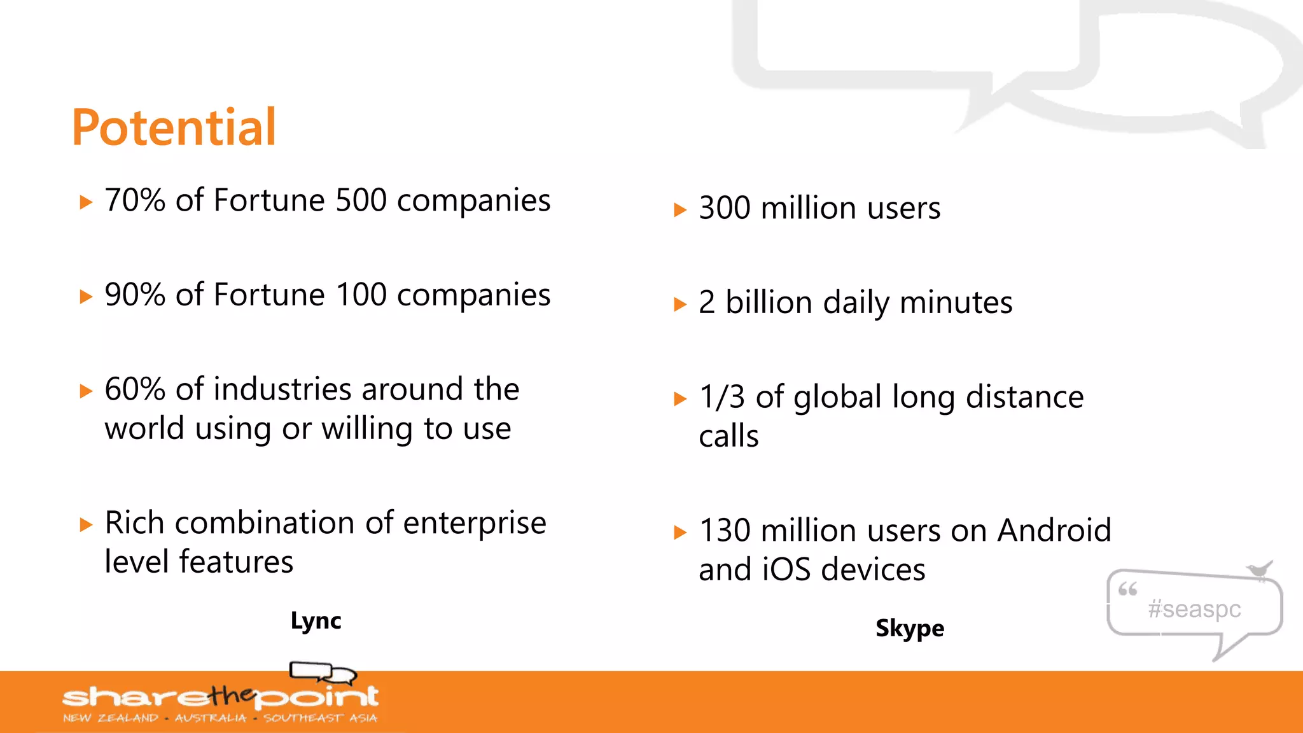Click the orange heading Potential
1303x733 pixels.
(174, 128)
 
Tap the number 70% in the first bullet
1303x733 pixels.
(135, 200)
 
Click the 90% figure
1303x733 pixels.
(135, 295)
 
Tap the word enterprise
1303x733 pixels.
(474, 523)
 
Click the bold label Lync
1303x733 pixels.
(316, 620)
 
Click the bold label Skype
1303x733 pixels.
(909, 628)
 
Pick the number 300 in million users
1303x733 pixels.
(724, 209)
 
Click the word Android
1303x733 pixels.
(1054, 530)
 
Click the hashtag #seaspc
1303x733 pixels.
(1194, 609)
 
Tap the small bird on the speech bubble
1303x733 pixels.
(1259, 569)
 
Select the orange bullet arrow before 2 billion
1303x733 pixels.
(680, 304)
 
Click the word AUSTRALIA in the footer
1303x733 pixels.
(211, 718)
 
